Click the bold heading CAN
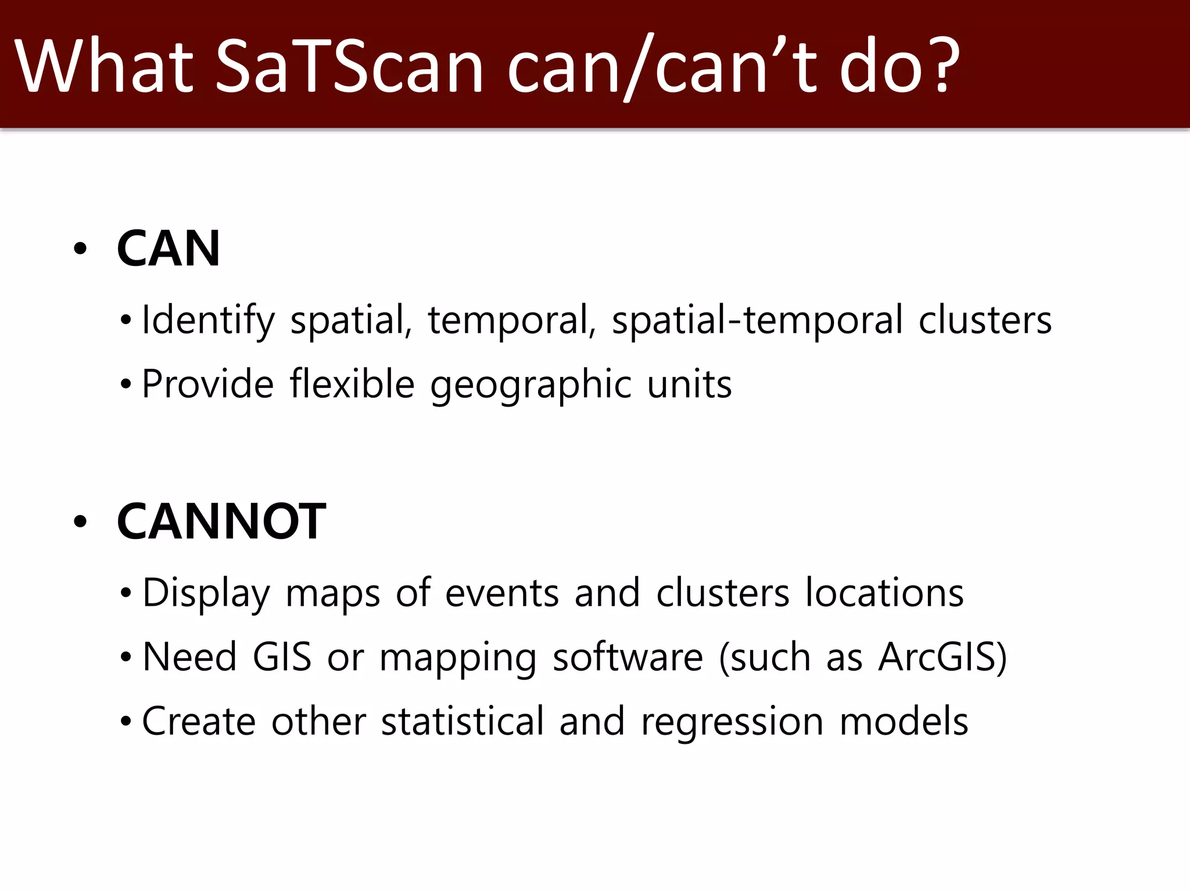169,249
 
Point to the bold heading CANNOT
221,521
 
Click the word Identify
208,320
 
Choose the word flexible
352,384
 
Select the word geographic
531,385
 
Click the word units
689,384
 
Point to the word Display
206,594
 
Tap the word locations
884,593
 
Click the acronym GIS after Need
282,657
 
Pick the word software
628,657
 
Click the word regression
732,722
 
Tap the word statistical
463,721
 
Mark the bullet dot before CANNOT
80,521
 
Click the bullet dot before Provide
126,384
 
